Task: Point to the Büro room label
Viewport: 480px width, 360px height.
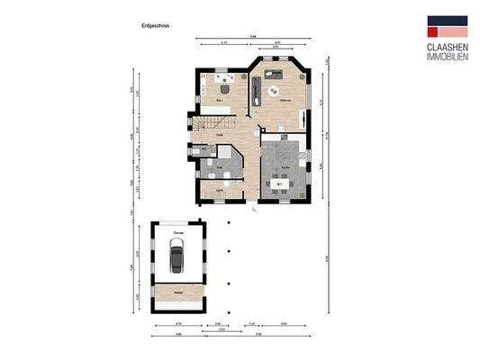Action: click(x=220, y=100)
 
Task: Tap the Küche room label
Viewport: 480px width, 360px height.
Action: click(x=285, y=167)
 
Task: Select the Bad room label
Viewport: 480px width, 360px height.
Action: click(x=219, y=166)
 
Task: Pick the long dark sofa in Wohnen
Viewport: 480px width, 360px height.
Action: click(x=257, y=89)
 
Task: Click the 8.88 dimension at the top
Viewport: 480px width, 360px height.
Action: click(x=253, y=36)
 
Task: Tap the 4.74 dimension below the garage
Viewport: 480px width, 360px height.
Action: click(x=178, y=323)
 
